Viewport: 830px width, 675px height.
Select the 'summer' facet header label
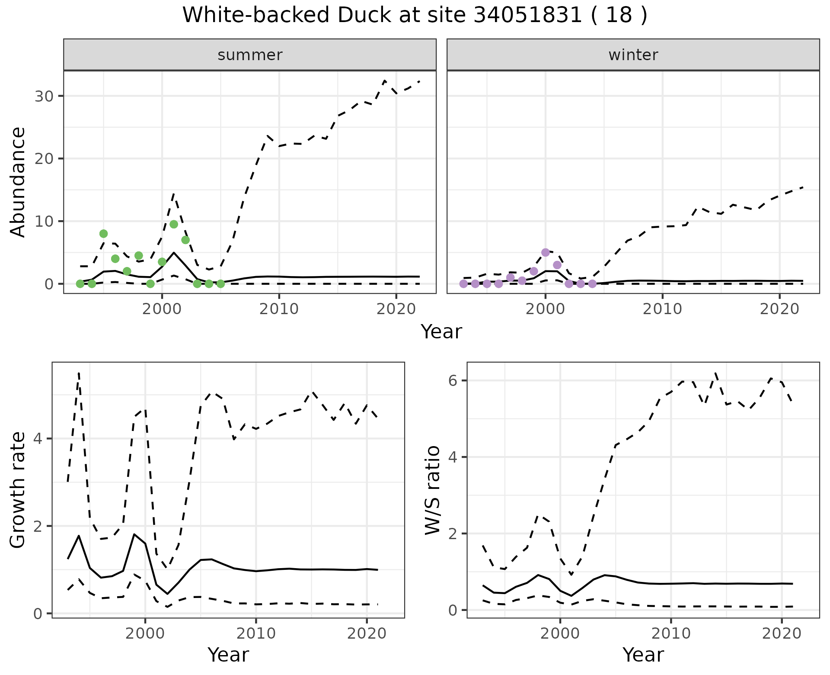coord(250,55)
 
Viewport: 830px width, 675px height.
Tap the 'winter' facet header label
coord(633,55)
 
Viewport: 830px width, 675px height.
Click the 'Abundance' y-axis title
coord(18,182)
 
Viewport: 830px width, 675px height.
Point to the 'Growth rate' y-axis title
coord(18,490)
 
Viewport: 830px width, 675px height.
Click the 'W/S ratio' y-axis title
coord(433,490)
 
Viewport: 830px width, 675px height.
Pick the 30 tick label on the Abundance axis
coord(44,96)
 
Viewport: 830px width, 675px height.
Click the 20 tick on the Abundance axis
coord(44,159)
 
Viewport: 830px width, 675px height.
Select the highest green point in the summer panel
coord(174,224)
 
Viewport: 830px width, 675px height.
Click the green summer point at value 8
coord(103,234)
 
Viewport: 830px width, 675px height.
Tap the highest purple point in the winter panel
coord(546,252)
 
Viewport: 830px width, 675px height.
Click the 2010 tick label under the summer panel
coord(279,309)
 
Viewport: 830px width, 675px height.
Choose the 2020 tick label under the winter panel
coord(779,309)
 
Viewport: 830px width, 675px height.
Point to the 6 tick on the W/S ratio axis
coord(452,381)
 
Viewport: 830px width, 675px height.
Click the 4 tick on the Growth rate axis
coord(37,439)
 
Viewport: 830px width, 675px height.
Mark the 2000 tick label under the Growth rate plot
coord(145,634)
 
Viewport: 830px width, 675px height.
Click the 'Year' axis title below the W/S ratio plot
coord(643,655)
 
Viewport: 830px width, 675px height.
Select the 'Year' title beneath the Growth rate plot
coord(228,655)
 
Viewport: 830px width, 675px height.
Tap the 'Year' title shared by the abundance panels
coord(441,332)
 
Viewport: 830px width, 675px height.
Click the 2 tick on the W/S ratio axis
coord(452,534)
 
